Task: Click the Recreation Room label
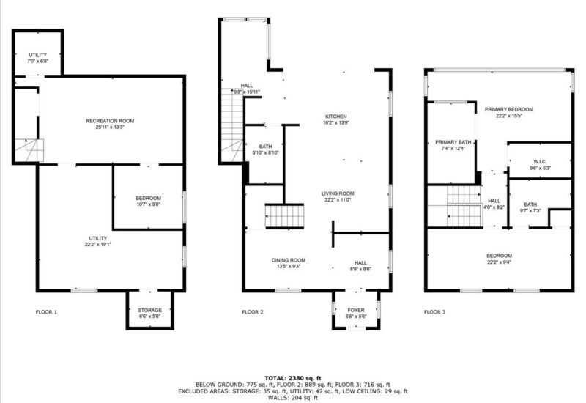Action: point(110,121)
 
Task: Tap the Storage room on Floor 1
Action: point(150,310)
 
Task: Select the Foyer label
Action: point(356,310)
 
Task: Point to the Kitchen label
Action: point(336,117)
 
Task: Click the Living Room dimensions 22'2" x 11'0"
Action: point(338,199)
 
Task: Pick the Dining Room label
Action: point(289,260)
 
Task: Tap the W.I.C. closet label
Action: point(540,161)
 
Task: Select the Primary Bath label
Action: point(453,142)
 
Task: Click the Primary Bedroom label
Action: point(509,109)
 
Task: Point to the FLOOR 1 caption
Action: point(46,312)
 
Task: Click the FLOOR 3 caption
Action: point(434,312)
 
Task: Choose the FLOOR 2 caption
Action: point(253,312)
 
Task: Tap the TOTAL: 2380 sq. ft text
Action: point(293,378)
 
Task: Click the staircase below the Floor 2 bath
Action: point(284,216)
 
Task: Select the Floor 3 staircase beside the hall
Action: point(464,207)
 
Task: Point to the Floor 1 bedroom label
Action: point(149,198)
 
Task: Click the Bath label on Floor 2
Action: point(265,146)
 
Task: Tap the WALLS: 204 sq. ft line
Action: point(293,398)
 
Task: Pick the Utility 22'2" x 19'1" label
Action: point(98,238)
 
